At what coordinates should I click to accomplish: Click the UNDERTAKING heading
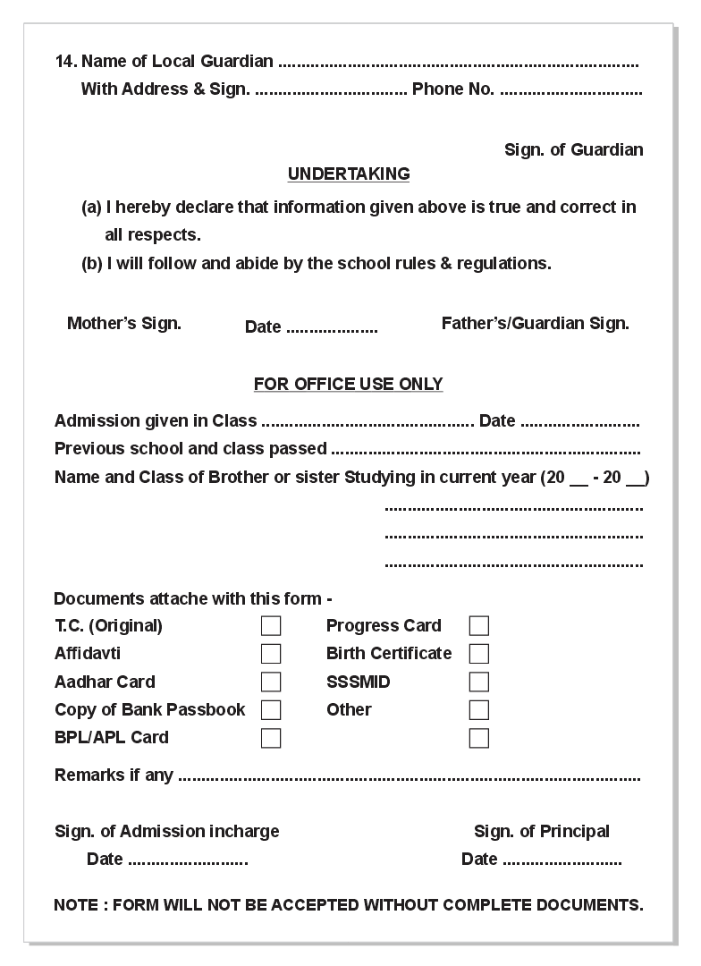(349, 174)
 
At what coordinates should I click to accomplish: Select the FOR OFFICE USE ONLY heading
(349, 384)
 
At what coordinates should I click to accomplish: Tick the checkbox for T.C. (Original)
(271, 626)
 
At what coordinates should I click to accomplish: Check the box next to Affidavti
(271, 654)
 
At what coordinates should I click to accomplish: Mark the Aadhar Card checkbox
(271, 682)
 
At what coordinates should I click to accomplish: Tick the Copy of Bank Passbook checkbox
(271, 710)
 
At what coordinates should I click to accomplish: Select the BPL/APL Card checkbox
(271, 738)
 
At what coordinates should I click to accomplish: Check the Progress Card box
(479, 626)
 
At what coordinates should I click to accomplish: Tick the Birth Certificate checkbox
(479, 654)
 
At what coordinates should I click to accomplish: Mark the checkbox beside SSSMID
(479, 682)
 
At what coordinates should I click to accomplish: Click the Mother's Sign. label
(124, 323)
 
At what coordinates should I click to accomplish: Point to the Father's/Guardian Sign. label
(536, 323)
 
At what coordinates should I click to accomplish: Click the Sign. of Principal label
(542, 831)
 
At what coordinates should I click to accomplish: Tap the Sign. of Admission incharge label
(167, 831)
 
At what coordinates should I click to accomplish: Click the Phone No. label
(453, 89)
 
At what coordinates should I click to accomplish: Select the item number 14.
(65, 61)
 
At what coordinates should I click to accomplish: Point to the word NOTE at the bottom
(76, 904)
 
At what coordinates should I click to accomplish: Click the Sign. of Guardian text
(574, 149)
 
